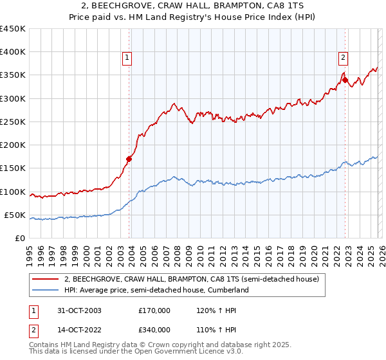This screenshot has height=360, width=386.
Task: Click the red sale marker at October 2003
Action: tap(129, 159)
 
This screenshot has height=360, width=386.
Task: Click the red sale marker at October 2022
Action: tap(345, 80)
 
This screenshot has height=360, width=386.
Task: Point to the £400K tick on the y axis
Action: tap(13, 52)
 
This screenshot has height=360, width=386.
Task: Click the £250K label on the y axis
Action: tap(13, 122)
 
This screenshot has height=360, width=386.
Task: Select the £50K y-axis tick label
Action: tap(15, 215)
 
